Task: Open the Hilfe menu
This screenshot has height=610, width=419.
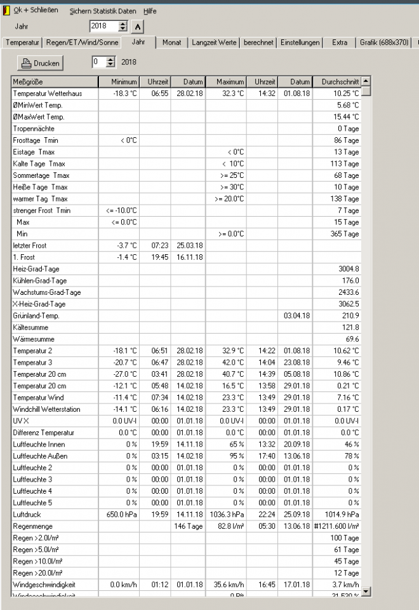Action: (150, 11)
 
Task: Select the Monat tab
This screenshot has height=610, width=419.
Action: (171, 43)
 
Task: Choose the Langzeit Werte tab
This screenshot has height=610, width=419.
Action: (214, 43)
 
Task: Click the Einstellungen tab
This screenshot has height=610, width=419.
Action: (300, 43)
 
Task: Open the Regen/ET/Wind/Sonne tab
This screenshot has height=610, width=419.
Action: (83, 43)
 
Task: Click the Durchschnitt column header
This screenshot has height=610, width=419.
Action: (336, 82)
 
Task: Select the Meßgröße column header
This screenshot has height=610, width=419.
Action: (55, 82)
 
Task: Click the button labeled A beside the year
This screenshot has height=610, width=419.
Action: (138, 26)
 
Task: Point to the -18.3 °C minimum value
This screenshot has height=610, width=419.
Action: (124, 93)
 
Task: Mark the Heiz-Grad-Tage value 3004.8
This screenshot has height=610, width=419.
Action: (349, 269)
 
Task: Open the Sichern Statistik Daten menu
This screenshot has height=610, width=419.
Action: (103, 11)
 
